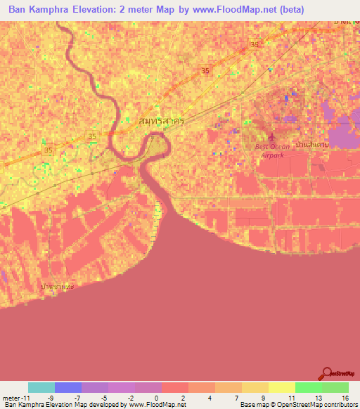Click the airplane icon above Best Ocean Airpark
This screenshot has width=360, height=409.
(274, 136)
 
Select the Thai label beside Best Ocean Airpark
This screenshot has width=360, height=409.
(312, 143)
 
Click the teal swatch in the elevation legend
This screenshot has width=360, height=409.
(41, 387)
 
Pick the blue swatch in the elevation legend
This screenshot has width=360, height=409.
(68, 387)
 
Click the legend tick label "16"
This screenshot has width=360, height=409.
(345, 397)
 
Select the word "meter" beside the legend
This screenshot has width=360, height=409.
(12, 397)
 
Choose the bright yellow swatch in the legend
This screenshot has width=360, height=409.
(281, 387)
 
